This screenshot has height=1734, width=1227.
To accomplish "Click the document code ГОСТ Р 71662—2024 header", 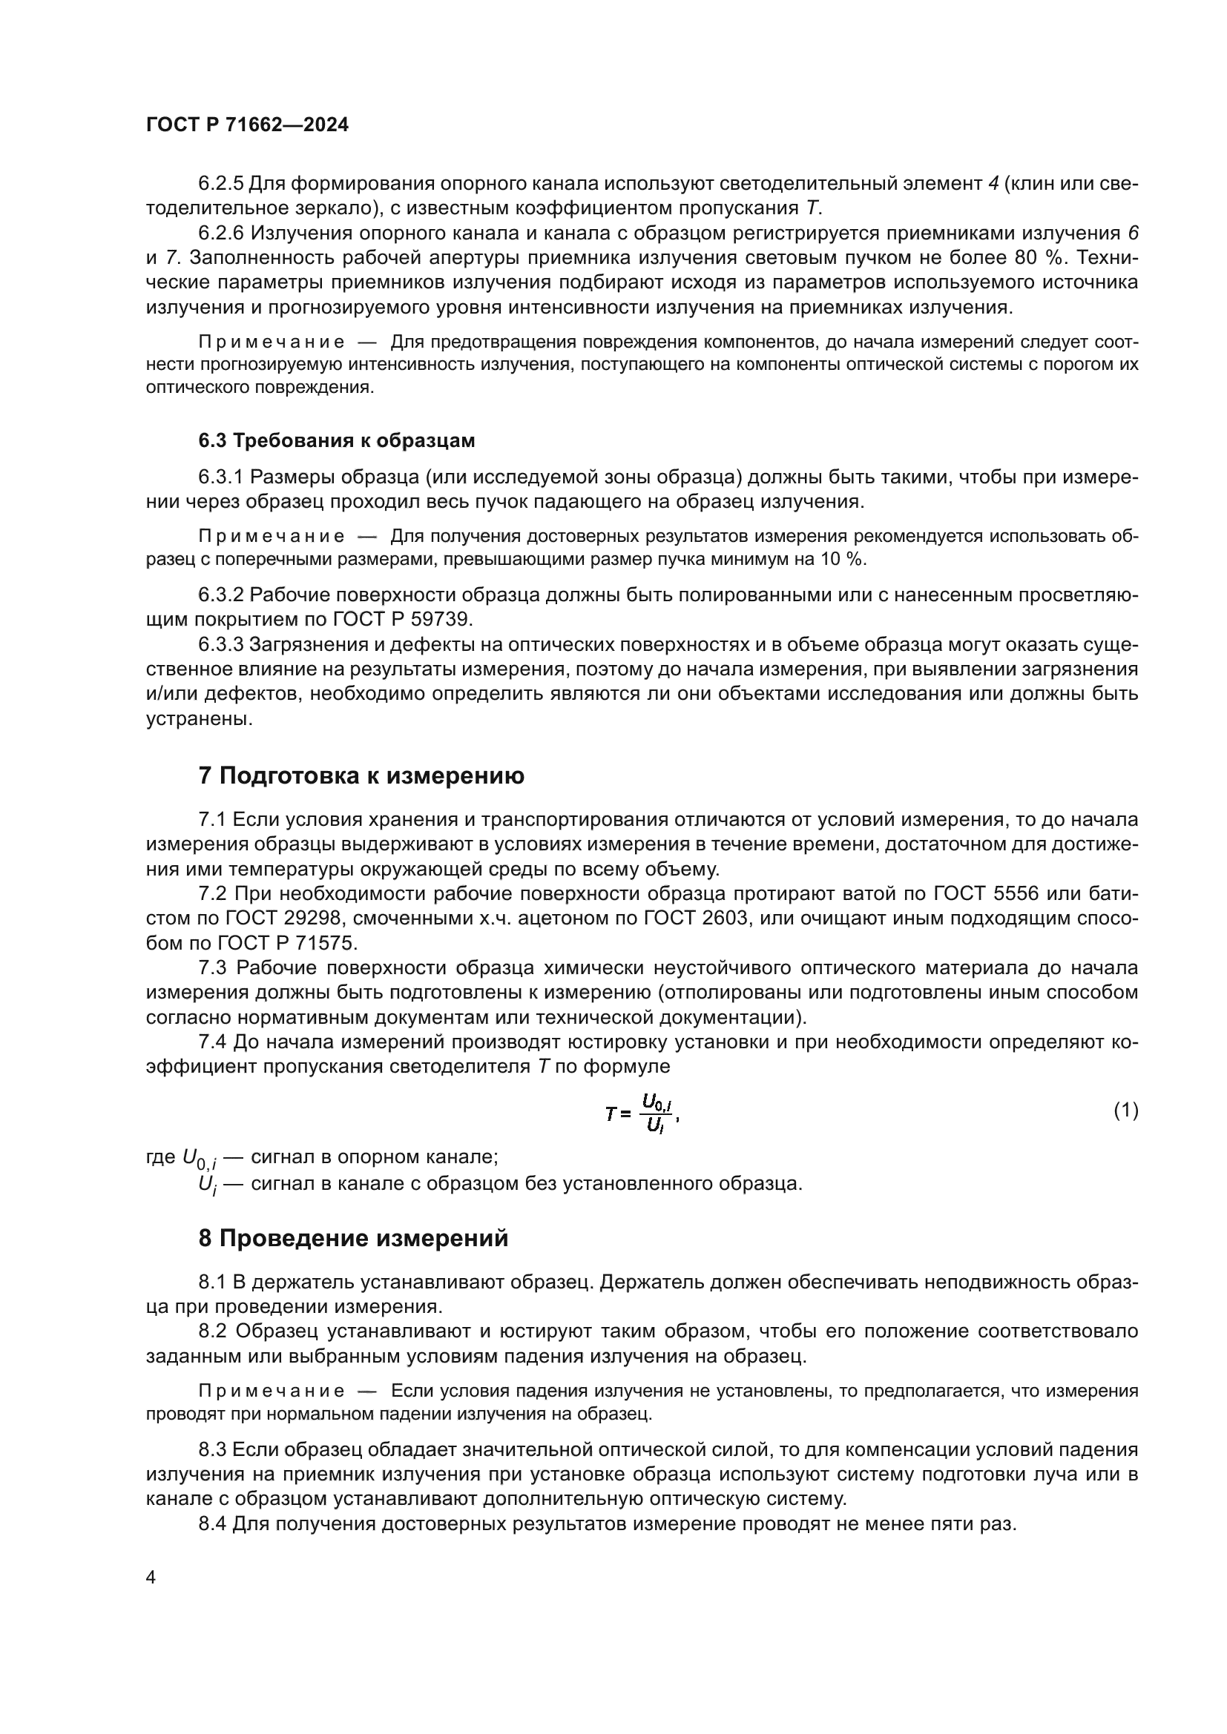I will coord(247,125).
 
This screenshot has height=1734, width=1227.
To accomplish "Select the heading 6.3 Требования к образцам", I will coord(337,440).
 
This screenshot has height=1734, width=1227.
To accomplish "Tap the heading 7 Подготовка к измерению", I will coord(361,775).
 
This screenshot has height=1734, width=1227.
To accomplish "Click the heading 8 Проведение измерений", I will coord(353,1239).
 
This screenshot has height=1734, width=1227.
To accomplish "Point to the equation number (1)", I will coord(1126,1111).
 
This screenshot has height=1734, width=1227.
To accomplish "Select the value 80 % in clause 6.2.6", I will coord(1038,257).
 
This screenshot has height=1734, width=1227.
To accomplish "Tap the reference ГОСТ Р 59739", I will coord(402,620).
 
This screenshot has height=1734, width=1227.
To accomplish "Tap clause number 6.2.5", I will coord(220,184).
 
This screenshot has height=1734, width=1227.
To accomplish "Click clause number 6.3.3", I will coord(220,645).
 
